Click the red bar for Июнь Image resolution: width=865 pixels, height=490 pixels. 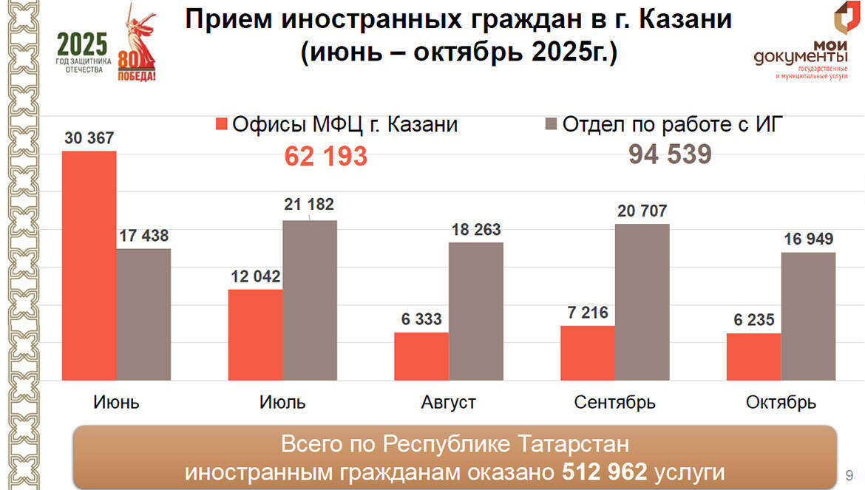[x=89, y=265]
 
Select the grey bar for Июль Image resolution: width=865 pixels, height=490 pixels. [x=310, y=300]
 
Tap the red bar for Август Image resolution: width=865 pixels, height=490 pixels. [x=421, y=356]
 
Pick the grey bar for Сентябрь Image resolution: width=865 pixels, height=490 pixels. [x=642, y=302]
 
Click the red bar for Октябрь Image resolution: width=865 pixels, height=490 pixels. [x=753, y=356]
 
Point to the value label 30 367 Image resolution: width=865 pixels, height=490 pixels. [x=89, y=138]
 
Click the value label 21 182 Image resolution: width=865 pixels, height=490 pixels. [x=309, y=205]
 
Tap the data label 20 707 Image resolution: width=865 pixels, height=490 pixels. [x=642, y=211]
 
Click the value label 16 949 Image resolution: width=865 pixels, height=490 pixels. [x=808, y=239]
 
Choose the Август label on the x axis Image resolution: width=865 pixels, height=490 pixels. [x=448, y=403]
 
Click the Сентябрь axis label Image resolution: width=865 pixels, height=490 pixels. [x=614, y=403]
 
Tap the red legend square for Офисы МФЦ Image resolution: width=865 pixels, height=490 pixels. [x=220, y=124]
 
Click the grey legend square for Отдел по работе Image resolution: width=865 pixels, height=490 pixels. [x=550, y=124]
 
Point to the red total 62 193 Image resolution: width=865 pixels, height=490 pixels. [x=326, y=157]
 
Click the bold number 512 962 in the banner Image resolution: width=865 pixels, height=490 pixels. [x=605, y=472]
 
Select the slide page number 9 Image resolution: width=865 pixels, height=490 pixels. [x=849, y=474]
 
